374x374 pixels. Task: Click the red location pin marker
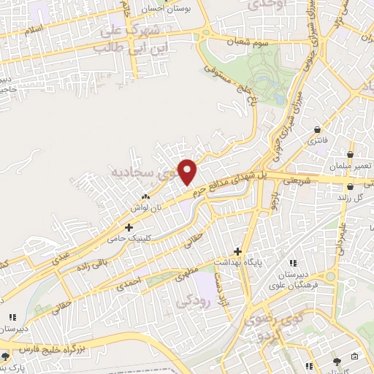click(x=188, y=172)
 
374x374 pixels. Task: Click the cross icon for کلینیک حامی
click(x=129, y=229)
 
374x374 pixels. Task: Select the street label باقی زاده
click(x=81, y=259)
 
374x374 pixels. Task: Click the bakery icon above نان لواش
click(x=144, y=196)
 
